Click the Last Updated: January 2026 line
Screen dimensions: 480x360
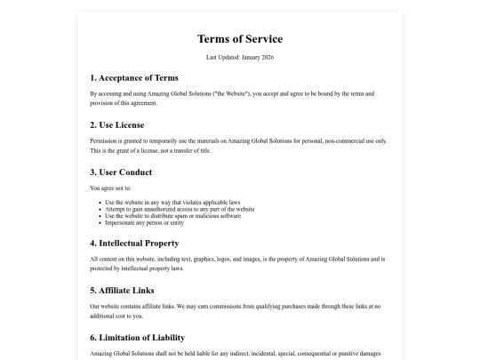point(240,57)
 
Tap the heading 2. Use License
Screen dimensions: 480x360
point(117,124)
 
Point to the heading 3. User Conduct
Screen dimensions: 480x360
point(121,172)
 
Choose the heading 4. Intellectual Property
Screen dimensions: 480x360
point(134,243)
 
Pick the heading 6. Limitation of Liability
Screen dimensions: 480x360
point(138,337)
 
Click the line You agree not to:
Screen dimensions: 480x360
point(111,188)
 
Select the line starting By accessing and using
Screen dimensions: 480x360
point(232,93)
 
